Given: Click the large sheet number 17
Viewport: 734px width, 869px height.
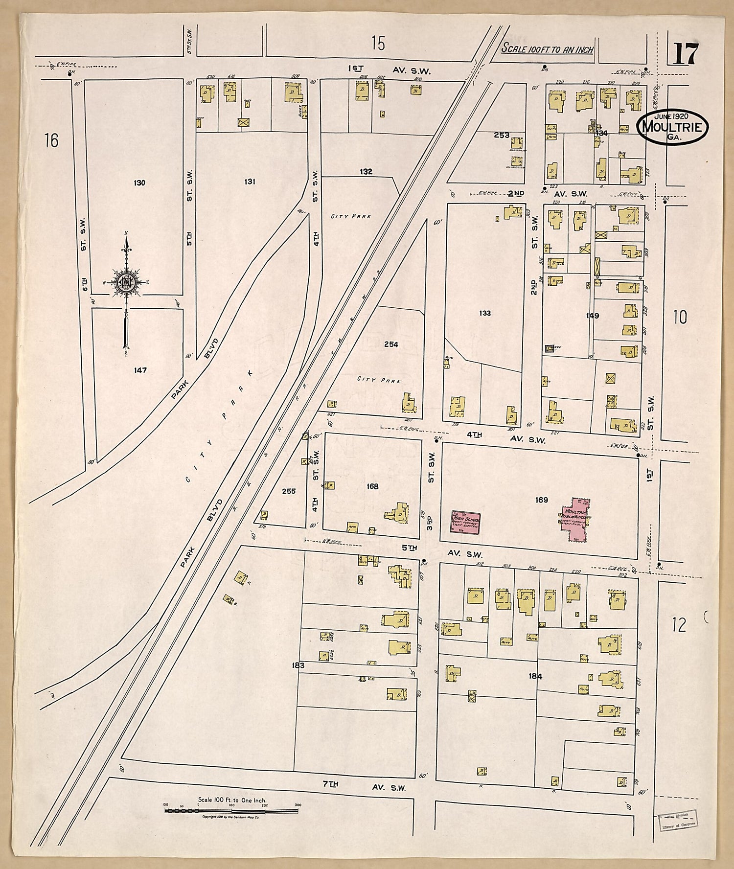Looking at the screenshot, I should point(686,54).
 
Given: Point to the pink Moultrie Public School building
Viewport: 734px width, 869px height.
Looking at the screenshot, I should point(575,519).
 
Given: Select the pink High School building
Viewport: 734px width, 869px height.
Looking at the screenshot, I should point(465,522).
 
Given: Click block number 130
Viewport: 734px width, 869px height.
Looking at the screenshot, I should point(139,183).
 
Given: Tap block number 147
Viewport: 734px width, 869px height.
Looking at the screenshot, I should point(140,370).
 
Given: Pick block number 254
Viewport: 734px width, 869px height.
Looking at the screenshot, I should point(391,344).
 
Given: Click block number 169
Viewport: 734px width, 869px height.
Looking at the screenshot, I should point(541,500).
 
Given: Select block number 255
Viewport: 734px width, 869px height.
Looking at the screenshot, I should point(289,491).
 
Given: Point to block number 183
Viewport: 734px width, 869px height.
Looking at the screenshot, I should point(298,665).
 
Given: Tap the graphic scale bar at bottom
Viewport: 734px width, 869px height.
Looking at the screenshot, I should point(231,811).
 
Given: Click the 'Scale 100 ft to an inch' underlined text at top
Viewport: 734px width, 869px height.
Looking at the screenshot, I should point(547,49).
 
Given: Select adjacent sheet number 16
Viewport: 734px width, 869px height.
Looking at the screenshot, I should point(51,141).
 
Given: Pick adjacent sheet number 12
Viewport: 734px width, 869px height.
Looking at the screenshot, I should point(679,625).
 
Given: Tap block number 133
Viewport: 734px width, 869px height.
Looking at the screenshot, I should point(485,313).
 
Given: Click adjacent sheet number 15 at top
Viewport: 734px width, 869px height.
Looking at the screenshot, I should point(378,44).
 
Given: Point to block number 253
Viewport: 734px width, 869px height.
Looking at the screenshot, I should point(502,135).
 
